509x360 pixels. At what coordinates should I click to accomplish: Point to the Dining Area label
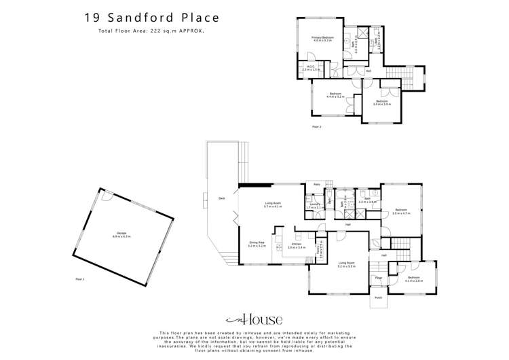(x=257, y=243)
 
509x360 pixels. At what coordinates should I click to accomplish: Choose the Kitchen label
(x=297, y=245)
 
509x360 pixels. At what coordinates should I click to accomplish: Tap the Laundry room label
(x=314, y=205)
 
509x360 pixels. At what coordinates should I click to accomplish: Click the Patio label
(x=316, y=184)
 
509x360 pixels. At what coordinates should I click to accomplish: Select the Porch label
(x=378, y=297)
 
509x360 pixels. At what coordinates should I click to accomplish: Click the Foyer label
(x=379, y=277)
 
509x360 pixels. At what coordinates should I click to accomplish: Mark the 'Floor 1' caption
(x=79, y=278)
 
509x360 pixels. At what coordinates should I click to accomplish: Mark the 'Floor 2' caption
(x=316, y=126)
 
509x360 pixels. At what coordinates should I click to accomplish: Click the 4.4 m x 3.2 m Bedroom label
(x=335, y=95)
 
